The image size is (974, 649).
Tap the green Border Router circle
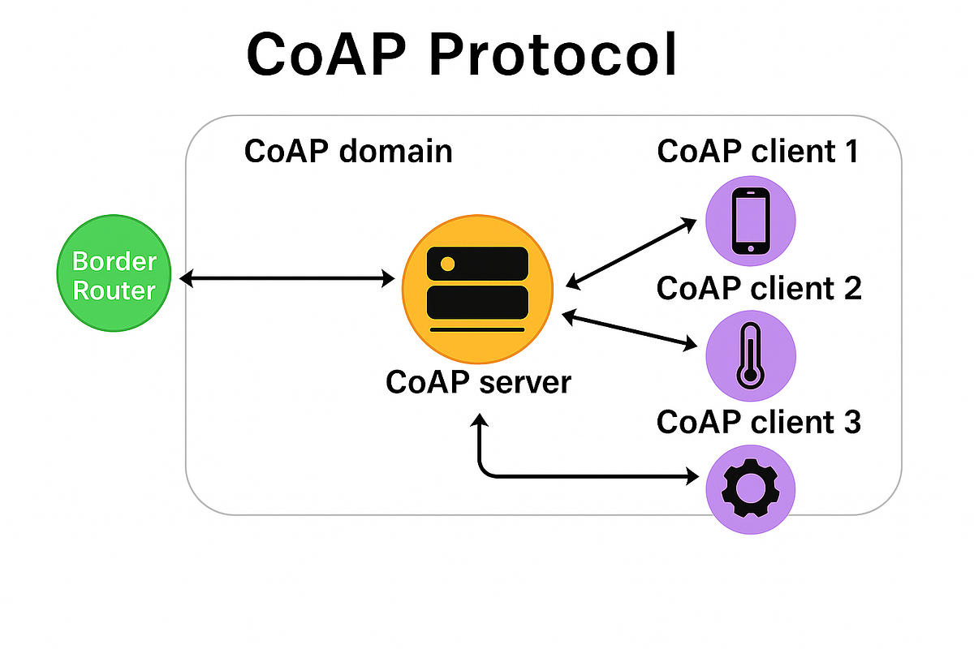pos(114,277)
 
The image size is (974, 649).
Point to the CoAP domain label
pos(348,152)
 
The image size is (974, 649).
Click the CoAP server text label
pos(478,382)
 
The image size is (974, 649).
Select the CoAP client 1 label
pos(758,152)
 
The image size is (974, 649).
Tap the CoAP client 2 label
pos(758,288)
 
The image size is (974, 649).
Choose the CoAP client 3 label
pos(758,423)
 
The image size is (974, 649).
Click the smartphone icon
pos(751,221)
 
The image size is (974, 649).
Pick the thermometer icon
pos(750,355)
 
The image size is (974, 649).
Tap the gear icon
pos(751,489)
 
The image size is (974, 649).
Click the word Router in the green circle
pos(114,290)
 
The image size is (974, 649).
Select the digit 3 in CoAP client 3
pos(850,423)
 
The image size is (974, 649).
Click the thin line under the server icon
pos(477,330)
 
